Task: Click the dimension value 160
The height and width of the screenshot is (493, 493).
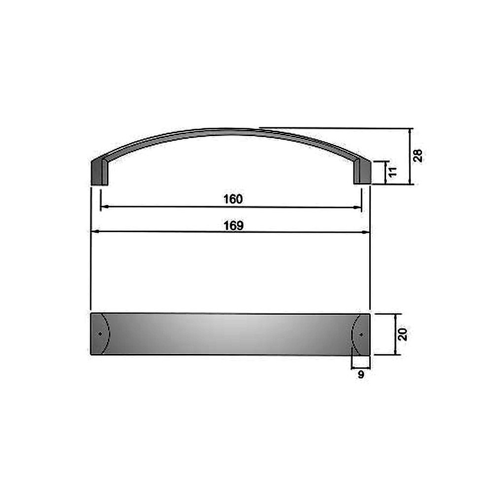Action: [x=233, y=199]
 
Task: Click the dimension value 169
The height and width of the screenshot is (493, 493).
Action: [x=233, y=225]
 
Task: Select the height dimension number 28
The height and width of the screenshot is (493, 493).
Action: [x=418, y=155]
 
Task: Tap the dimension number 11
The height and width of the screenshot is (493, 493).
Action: [x=392, y=172]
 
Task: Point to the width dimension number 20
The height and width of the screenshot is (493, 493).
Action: [x=403, y=334]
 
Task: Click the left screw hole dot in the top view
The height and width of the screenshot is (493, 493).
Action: [x=100, y=334]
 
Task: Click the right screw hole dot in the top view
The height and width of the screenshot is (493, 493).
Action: [x=361, y=334]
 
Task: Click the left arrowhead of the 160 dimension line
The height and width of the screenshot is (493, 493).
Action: [x=104, y=208]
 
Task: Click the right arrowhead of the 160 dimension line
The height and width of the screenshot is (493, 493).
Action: [x=359, y=208]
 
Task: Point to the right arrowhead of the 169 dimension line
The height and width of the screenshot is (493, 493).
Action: [x=367, y=231]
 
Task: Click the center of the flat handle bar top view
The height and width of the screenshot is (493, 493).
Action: [x=231, y=334]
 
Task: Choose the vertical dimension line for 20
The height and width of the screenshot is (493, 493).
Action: [x=395, y=334]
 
